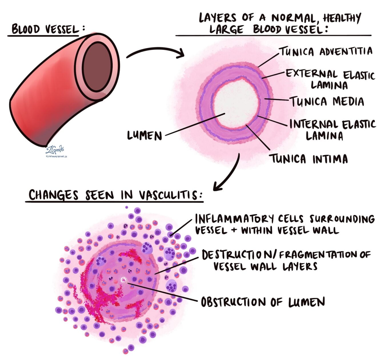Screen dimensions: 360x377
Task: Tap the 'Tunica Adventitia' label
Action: (x=326, y=52)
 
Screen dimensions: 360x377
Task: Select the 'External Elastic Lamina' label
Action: (x=330, y=79)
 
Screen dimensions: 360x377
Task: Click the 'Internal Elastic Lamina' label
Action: (x=332, y=130)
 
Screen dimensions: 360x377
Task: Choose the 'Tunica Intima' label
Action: (x=309, y=159)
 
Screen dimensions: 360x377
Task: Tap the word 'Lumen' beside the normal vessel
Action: (x=145, y=135)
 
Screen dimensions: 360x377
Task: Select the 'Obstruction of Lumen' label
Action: (x=263, y=302)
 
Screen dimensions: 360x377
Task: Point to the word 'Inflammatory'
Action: (x=234, y=219)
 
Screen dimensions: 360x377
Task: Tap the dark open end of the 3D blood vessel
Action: (x=97, y=67)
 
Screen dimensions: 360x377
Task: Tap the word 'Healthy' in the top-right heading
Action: (x=342, y=18)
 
